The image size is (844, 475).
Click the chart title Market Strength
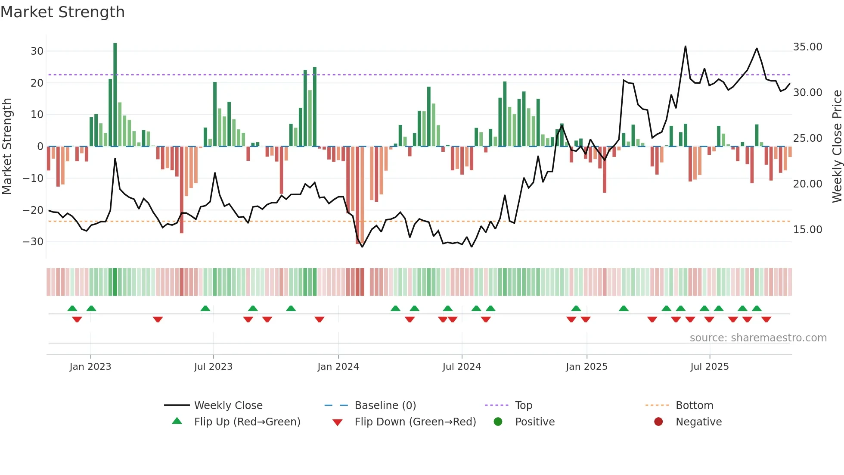click(62, 12)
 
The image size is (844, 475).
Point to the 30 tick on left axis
click(37, 51)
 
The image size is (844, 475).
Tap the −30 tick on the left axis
click(33, 242)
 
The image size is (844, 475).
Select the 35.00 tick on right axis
click(807, 47)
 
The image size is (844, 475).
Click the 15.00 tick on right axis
click(807, 230)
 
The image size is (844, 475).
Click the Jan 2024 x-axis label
click(338, 367)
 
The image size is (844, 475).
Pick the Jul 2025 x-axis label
click(709, 367)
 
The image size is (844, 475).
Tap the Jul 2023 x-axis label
click(213, 367)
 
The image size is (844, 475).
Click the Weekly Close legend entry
click(228, 406)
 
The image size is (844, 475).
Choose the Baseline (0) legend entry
click(385, 406)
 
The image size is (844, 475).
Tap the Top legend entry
click(523, 406)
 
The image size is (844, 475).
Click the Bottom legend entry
click(694, 406)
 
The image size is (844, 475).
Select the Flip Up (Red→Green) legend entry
click(247, 422)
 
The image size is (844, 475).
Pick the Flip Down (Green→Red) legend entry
click(415, 422)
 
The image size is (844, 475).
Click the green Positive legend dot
click(498, 422)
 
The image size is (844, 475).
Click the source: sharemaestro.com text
click(758, 338)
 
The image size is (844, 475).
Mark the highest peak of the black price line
click(685, 47)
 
